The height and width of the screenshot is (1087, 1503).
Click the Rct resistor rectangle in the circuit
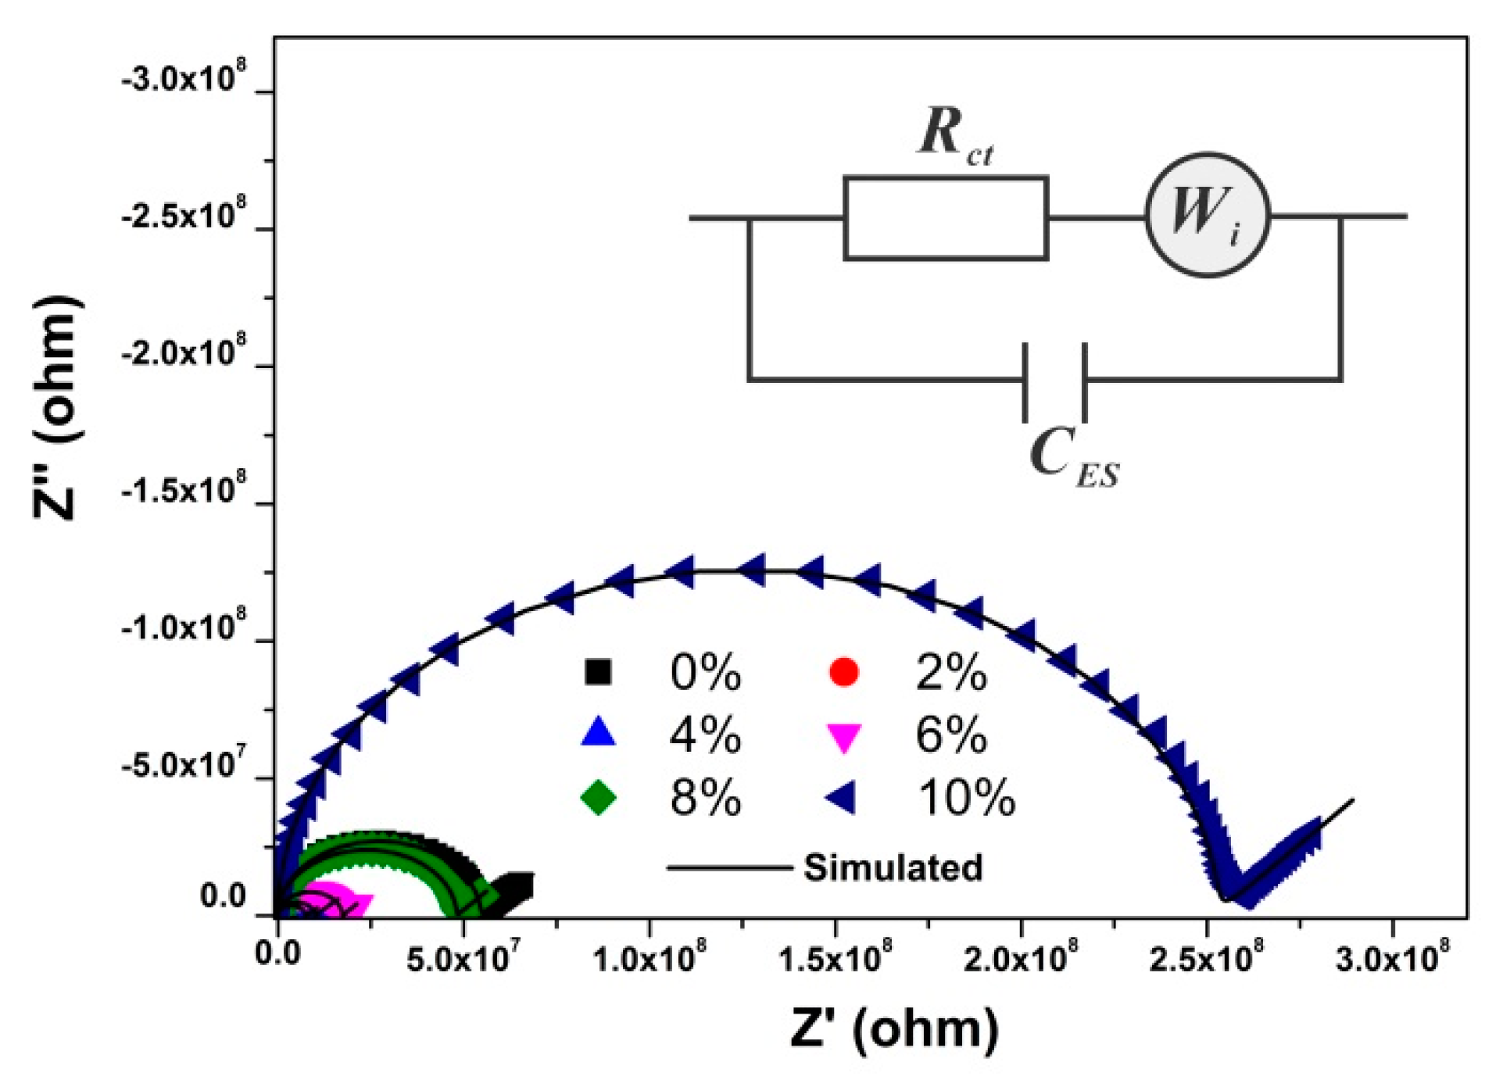pos(946,218)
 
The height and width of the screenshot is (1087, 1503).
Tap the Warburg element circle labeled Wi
pos(1208,215)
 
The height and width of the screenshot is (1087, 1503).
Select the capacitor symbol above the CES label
pos(1055,381)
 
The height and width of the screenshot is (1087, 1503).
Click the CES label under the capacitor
pos(1075,458)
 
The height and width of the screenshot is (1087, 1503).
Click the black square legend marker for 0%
pos(599,672)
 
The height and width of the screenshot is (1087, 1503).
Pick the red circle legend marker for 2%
pos(844,672)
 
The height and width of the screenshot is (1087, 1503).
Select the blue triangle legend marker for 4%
pos(599,733)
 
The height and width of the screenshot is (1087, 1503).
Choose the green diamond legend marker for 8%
pos(599,798)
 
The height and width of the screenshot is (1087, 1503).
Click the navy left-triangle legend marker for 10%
pos(843,798)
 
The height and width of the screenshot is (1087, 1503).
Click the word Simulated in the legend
pos(893,867)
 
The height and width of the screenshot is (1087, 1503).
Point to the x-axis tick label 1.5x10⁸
pos(835,958)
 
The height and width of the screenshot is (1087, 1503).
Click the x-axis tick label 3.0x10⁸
pos(1392,958)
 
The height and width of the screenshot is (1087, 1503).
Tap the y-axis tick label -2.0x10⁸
pos(184,353)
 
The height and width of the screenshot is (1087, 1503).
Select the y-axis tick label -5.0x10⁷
pos(184,765)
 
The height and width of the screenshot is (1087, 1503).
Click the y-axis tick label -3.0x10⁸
pos(184,79)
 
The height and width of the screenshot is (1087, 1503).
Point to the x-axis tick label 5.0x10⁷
pos(463,958)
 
